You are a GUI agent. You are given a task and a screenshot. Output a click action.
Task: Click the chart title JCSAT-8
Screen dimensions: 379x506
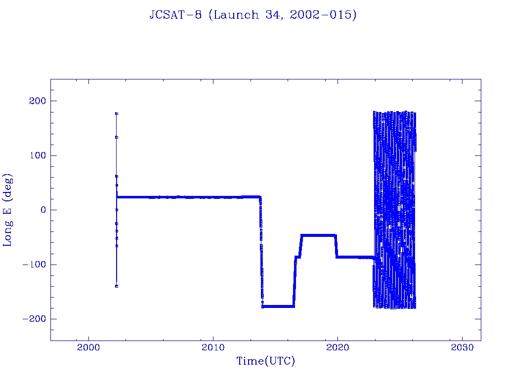(x=176, y=15)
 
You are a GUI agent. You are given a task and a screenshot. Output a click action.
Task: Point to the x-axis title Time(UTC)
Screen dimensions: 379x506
(x=265, y=361)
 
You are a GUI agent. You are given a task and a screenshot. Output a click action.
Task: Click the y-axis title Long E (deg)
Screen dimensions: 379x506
(x=8, y=210)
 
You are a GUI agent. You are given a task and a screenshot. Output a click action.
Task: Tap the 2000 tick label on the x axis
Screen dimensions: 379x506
(x=89, y=347)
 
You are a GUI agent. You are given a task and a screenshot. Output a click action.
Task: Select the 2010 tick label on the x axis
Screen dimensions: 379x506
(x=213, y=347)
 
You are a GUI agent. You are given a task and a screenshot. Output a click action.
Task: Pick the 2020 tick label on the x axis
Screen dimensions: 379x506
(x=337, y=347)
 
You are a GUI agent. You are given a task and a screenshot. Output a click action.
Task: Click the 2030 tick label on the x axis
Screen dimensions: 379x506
(x=462, y=347)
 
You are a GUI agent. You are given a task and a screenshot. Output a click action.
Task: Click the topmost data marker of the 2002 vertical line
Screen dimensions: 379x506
(x=117, y=114)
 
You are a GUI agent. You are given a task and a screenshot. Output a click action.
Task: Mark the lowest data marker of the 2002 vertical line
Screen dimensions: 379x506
(x=117, y=286)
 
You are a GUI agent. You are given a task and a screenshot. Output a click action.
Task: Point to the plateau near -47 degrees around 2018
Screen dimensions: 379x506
(x=319, y=235)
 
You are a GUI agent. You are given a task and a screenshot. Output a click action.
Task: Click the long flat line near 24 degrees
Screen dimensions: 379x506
(x=188, y=197)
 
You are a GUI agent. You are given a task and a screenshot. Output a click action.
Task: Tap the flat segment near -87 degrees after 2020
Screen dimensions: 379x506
(x=356, y=257)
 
